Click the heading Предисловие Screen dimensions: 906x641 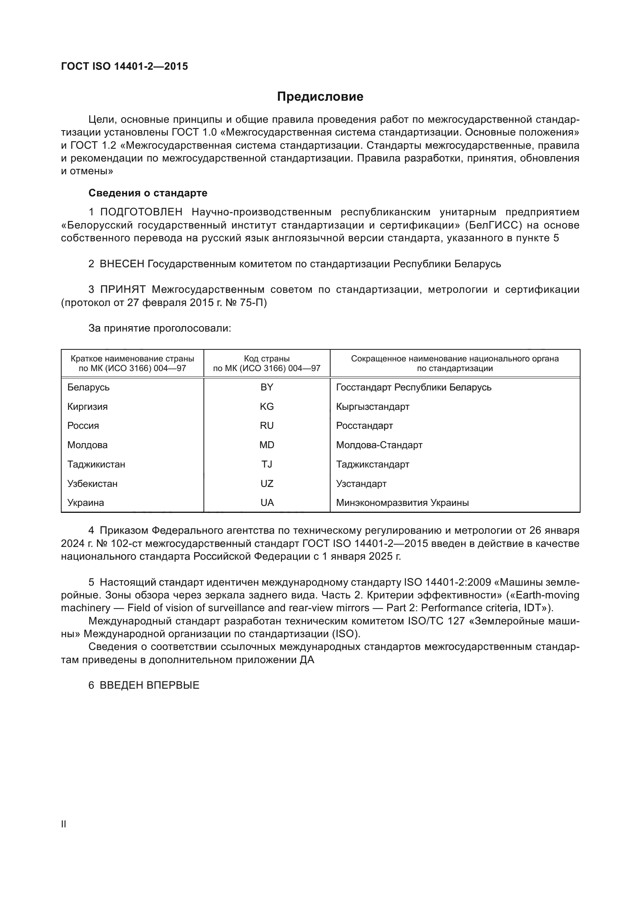[320, 97]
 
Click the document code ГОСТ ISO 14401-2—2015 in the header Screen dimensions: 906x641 [124, 66]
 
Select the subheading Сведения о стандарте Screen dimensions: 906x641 [148, 193]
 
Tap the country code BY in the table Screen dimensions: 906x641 [267, 387]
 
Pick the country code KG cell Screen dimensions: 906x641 [267, 406]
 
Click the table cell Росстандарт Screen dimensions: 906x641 [364, 426]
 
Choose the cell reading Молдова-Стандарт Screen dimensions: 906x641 [379, 445]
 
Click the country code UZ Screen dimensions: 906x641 [267, 484]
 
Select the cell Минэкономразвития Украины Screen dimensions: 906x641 [402, 503]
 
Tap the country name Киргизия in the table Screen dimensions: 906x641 [87, 406]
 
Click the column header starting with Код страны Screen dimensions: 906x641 [267, 363]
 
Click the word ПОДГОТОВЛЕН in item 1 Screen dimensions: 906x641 [141, 212]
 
